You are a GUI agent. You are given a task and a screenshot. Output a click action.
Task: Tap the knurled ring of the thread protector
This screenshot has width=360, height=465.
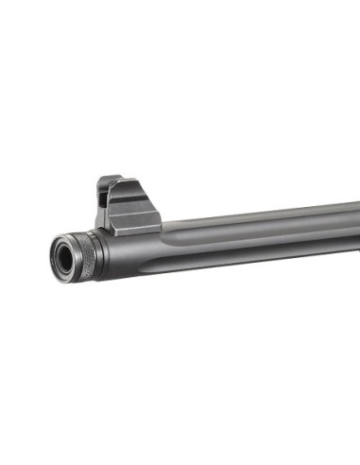click(87, 254)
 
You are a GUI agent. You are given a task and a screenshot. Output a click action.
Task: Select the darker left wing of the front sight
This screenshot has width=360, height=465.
click(103, 200)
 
